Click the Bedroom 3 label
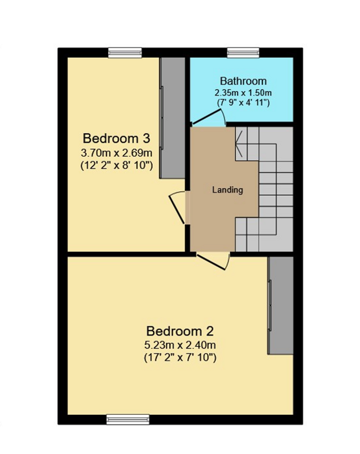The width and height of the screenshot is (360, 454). click(x=116, y=138)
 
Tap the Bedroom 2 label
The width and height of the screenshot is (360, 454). click(x=180, y=331)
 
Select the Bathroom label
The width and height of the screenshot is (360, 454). click(x=243, y=81)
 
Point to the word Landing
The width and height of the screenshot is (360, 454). click(x=227, y=190)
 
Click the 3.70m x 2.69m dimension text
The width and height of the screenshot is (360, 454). click(x=117, y=152)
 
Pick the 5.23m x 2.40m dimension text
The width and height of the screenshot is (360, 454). click(x=180, y=345)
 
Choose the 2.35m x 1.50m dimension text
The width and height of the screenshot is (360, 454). click(x=243, y=93)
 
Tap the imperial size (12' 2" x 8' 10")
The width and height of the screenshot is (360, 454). click(x=117, y=165)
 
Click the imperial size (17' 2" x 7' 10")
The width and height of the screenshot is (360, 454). click(x=180, y=358)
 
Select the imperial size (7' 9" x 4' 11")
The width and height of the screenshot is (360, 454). click(x=243, y=103)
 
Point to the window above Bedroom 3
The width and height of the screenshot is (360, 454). click(x=125, y=53)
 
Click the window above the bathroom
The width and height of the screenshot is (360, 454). click(x=243, y=53)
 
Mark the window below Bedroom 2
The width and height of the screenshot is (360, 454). click(x=128, y=419)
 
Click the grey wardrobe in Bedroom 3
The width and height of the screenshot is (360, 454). click(x=172, y=118)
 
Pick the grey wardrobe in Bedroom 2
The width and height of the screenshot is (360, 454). click(x=281, y=305)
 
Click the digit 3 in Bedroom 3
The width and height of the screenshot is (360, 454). click(x=146, y=138)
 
